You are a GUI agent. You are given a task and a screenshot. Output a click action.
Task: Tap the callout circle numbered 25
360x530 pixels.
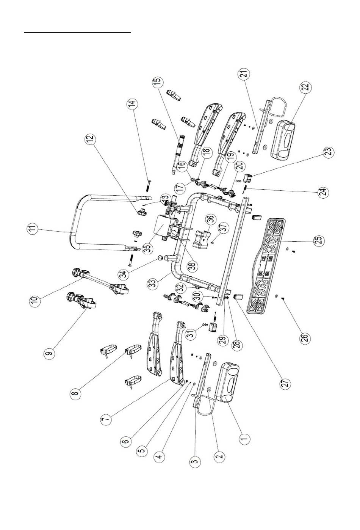319,240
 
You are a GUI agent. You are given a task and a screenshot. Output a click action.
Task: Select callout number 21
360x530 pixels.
243,75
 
